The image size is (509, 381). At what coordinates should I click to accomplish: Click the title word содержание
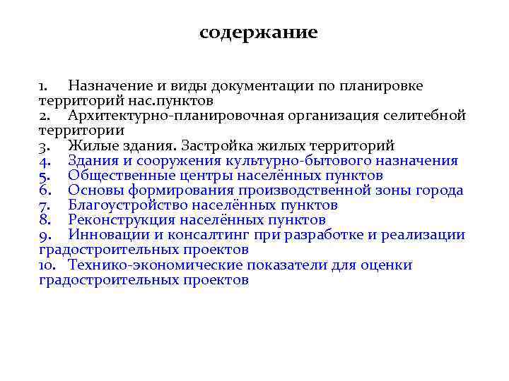258,33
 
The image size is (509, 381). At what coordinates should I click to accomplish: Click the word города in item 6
440,190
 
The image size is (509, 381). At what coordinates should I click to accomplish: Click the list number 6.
44,190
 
